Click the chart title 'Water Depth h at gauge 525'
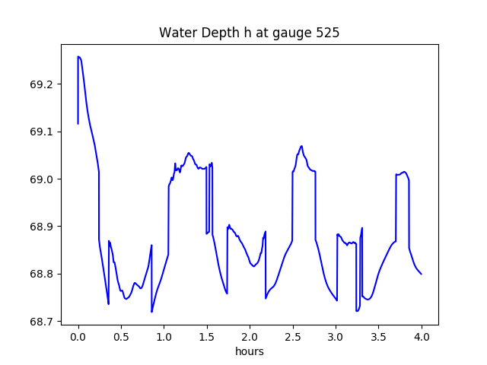point(249,33)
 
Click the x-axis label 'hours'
point(249,352)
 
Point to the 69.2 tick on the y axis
point(43,84)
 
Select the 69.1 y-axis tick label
point(43,132)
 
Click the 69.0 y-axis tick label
point(43,179)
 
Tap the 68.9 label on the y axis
point(43,227)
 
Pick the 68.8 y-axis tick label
point(43,275)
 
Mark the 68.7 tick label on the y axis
point(43,322)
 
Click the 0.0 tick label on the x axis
point(78,337)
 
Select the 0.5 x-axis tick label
point(121,337)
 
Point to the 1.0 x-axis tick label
point(164,337)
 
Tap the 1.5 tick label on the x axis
point(207,337)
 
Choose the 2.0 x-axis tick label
point(250,337)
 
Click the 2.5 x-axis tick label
point(292,337)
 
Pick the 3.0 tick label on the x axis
point(336,337)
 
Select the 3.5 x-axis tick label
point(378,337)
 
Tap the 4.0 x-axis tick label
point(422,337)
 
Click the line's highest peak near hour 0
point(78,57)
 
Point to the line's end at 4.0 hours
point(421,274)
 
